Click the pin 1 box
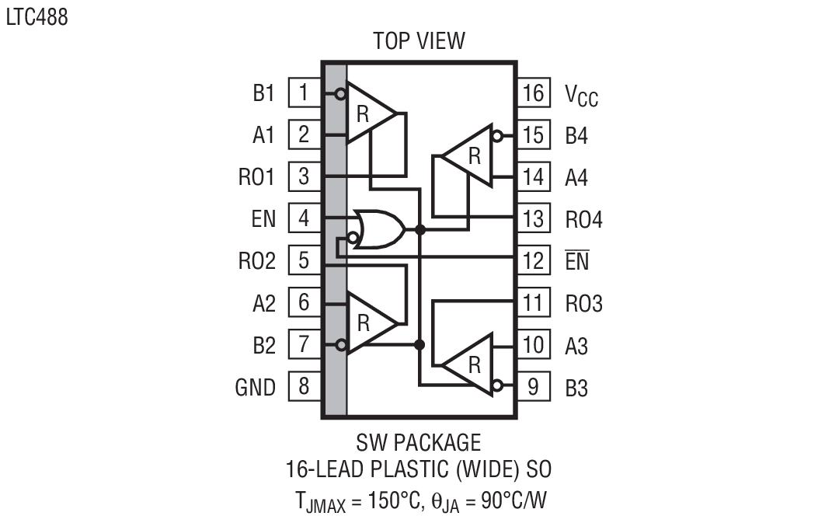click(x=304, y=93)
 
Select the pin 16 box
click(x=533, y=93)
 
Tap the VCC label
click(x=581, y=96)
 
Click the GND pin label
click(x=256, y=387)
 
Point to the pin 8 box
click(x=304, y=386)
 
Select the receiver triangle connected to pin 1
click(x=368, y=113)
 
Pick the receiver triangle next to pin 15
click(x=469, y=156)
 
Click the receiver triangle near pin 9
click(x=470, y=364)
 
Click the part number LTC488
click(x=37, y=17)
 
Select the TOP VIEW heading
click(x=419, y=40)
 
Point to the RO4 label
click(x=583, y=220)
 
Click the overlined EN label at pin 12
click(x=577, y=262)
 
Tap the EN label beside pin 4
click(x=263, y=219)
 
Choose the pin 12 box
click(x=533, y=261)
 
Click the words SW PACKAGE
click(x=419, y=443)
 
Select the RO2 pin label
click(x=256, y=261)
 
